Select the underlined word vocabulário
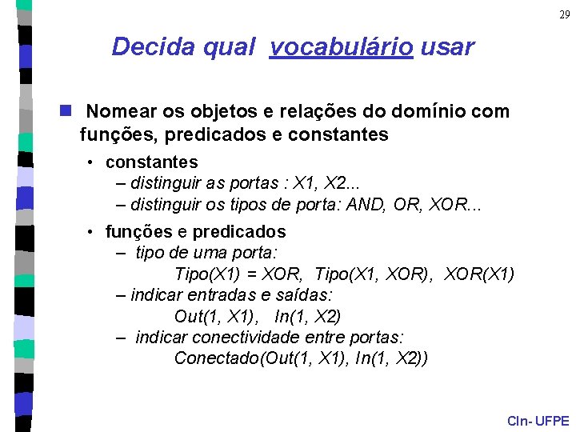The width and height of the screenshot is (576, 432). (342, 47)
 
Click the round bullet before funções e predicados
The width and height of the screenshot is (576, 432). (93, 232)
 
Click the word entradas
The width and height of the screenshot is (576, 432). (214, 295)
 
